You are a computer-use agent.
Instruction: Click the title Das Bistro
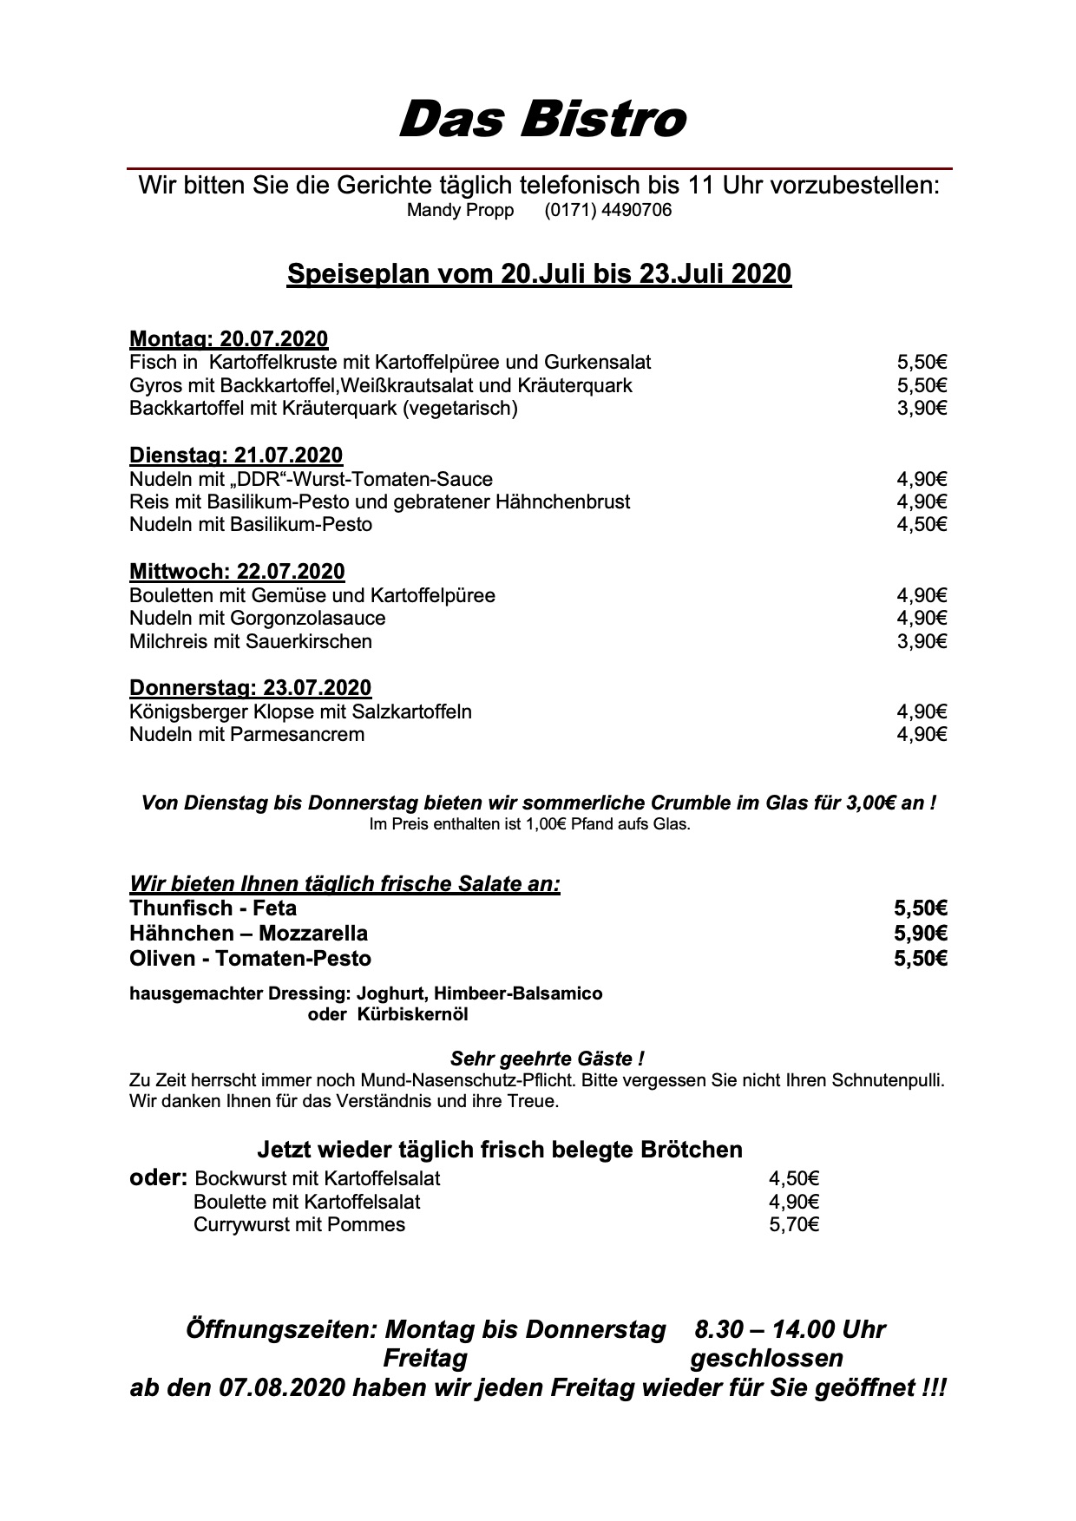click(x=542, y=119)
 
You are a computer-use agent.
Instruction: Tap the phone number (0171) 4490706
click(x=607, y=211)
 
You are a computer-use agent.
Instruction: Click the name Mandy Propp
click(x=460, y=211)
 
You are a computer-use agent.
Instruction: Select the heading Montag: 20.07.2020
click(x=228, y=339)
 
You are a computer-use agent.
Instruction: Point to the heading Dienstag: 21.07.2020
click(x=235, y=456)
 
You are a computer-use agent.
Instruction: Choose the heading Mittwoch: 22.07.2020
click(x=237, y=572)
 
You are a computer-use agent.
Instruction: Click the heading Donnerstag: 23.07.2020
click(x=250, y=688)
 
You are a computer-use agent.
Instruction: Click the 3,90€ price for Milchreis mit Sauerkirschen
click(x=922, y=642)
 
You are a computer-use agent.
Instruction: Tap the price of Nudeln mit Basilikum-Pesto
click(x=922, y=525)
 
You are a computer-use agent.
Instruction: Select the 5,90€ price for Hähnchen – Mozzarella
click(x=921, y=934)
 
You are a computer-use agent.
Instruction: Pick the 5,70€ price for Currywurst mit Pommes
click(x=794, y=1225)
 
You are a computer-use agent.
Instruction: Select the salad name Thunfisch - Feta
click(x=213, y=908)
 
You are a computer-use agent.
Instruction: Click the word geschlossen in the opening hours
click(x=766, y=1358)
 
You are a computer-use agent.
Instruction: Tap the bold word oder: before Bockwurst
click(x=158, y=1178)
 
